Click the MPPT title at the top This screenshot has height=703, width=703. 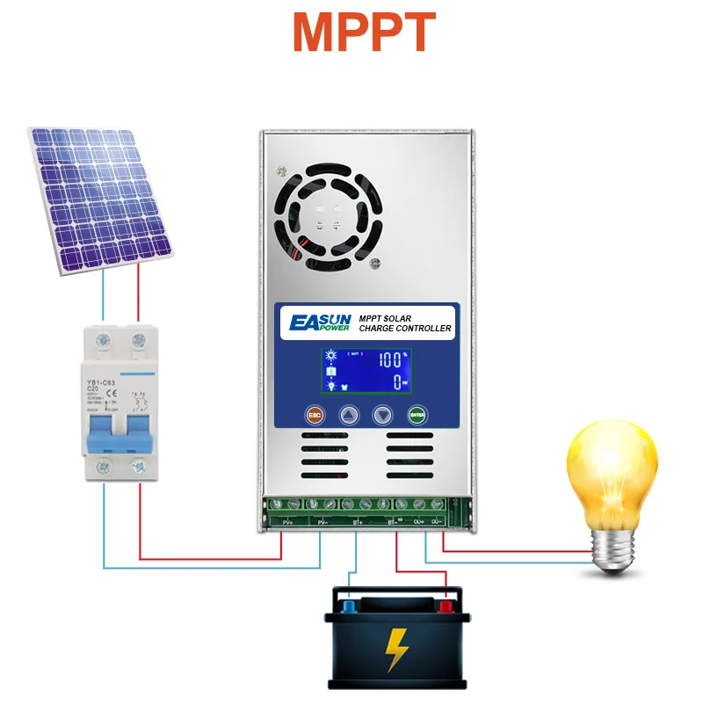pyautogui.click(x=364, y=33)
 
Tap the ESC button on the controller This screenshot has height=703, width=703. pyautogui.click(x=313, y=416)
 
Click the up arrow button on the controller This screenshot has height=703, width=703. pyautogui.click(x=349, y=416)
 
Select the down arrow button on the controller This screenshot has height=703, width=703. pyautogui.click(x=381, y=416)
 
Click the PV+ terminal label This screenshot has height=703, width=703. pyautogui.click(x=287, y=521)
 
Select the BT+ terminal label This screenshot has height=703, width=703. pyautogui.click(x=358, y=521)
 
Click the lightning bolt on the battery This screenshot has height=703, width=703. pyautogui.click(x=397, y=648)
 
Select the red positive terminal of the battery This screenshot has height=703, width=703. pyautogui.click(x=446, y=605)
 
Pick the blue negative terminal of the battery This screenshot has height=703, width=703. pyautogui.click(x=349, y=605)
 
